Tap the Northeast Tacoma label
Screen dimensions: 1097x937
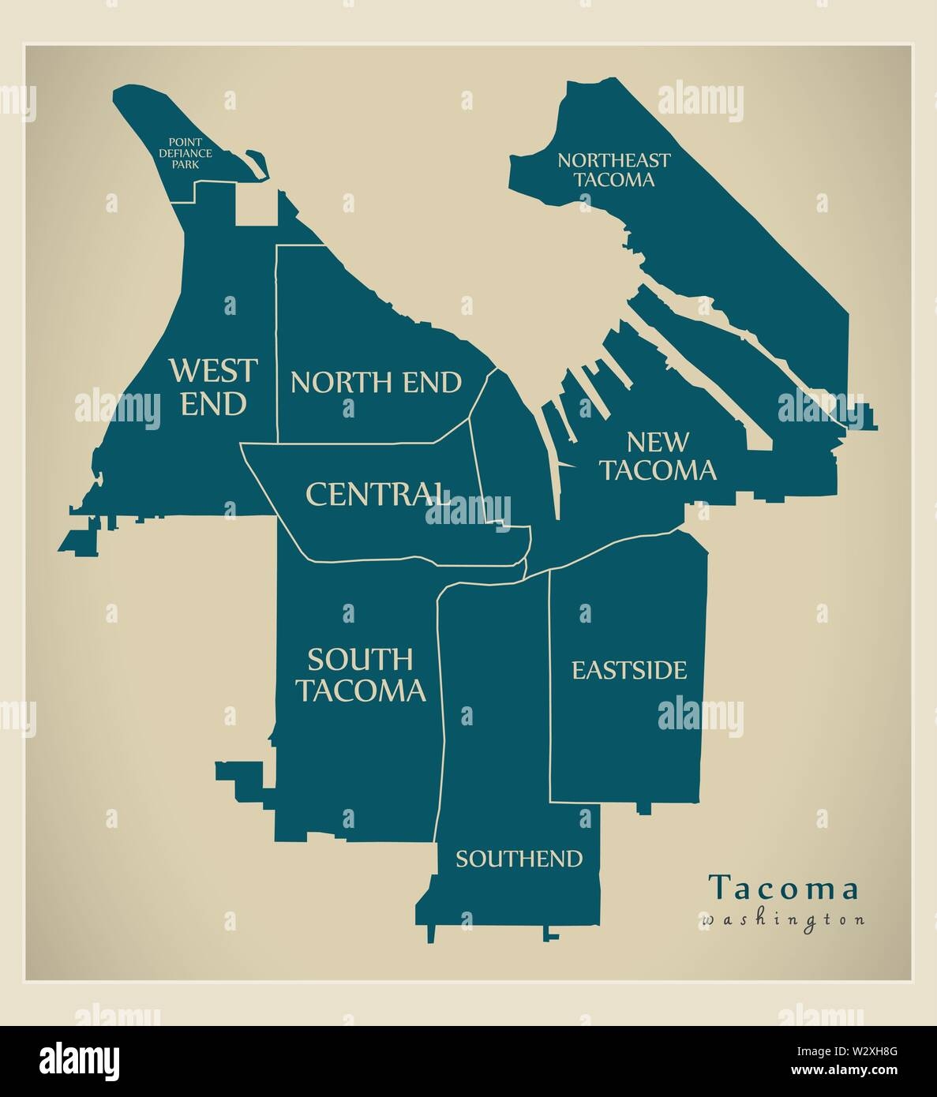(613, 170)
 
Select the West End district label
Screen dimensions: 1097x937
(213, 387)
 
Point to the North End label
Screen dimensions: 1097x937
(376, 382)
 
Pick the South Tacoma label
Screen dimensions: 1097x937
(360, 675)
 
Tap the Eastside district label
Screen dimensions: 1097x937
(629, 671)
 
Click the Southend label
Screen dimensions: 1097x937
(519, 859)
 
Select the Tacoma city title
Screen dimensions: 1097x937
(784, 889)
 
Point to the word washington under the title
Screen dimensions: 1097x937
(781, 919)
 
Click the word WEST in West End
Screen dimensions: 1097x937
(213, 369)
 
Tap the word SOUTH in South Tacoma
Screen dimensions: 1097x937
(360, 658)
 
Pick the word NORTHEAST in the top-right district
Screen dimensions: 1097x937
(613, 160)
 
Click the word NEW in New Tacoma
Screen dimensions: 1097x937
(658, 442)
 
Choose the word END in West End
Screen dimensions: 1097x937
(213, 403)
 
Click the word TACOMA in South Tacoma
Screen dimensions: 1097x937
(360, 691)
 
